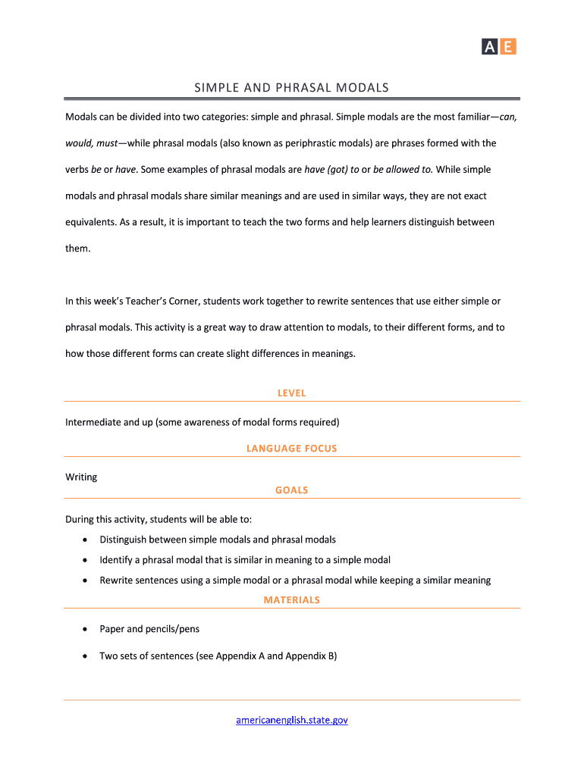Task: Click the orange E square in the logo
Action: tap(508, 47)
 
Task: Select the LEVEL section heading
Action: tap(292, 393)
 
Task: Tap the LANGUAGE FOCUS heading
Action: tap(292, 449)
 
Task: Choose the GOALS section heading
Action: tap(292, 490)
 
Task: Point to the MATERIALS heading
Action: tap(292, 600)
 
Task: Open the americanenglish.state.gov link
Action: tap(292, 720)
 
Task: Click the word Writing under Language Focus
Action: tap(81, 477)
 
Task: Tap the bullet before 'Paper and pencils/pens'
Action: tap(83, 629)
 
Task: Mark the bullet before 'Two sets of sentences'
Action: tap(83, 656)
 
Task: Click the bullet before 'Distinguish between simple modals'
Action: tap(83, 540)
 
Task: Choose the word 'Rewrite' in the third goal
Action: tap(117, 580)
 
